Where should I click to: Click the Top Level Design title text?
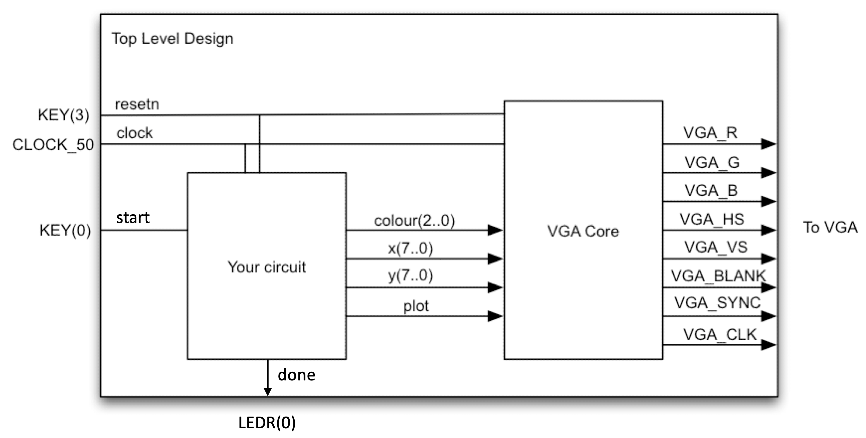[172, 38]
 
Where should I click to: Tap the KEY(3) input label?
[64, 115]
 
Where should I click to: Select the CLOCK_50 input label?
[53, 145]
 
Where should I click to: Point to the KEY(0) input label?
[65, 231]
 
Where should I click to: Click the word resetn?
[137, 104]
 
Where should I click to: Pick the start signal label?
[133, 218]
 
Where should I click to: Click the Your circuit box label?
[267, 267]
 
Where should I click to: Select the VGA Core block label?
[583, 231]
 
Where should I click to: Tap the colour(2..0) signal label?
[414, 221]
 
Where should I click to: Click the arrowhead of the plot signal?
[495, 316]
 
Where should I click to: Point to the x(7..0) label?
[411, 248]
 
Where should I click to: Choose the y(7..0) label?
[411, 276]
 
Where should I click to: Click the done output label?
[296, 375]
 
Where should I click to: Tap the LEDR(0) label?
[267, 423]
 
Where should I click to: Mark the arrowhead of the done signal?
[268, 391]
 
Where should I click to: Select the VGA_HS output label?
[712, 219]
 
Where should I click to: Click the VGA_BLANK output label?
[718, 276]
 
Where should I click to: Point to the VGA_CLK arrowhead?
[769, 345]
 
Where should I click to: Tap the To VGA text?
[830, 227]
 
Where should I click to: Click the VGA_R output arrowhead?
[769, 144]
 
